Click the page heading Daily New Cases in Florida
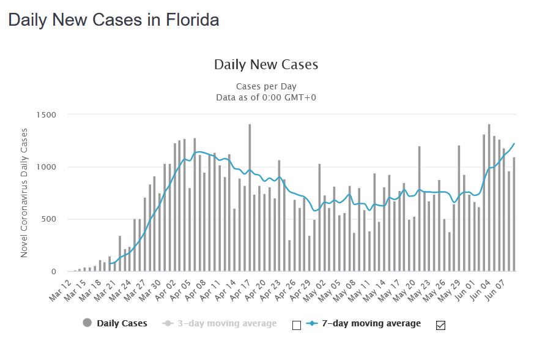pos(113,20)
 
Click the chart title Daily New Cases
pos(266,64)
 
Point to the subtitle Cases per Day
pos(266,86)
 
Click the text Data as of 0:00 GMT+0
pos(266,97)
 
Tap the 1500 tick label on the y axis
pos(46,115)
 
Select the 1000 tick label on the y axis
pos(46,167)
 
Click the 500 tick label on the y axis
pos(49,219)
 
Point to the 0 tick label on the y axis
pos(53,271)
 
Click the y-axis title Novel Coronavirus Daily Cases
pos(25,193)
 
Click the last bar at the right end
pos(514,214)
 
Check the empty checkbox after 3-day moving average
pos(297,325)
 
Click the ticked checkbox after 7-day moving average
pos(440,325)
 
